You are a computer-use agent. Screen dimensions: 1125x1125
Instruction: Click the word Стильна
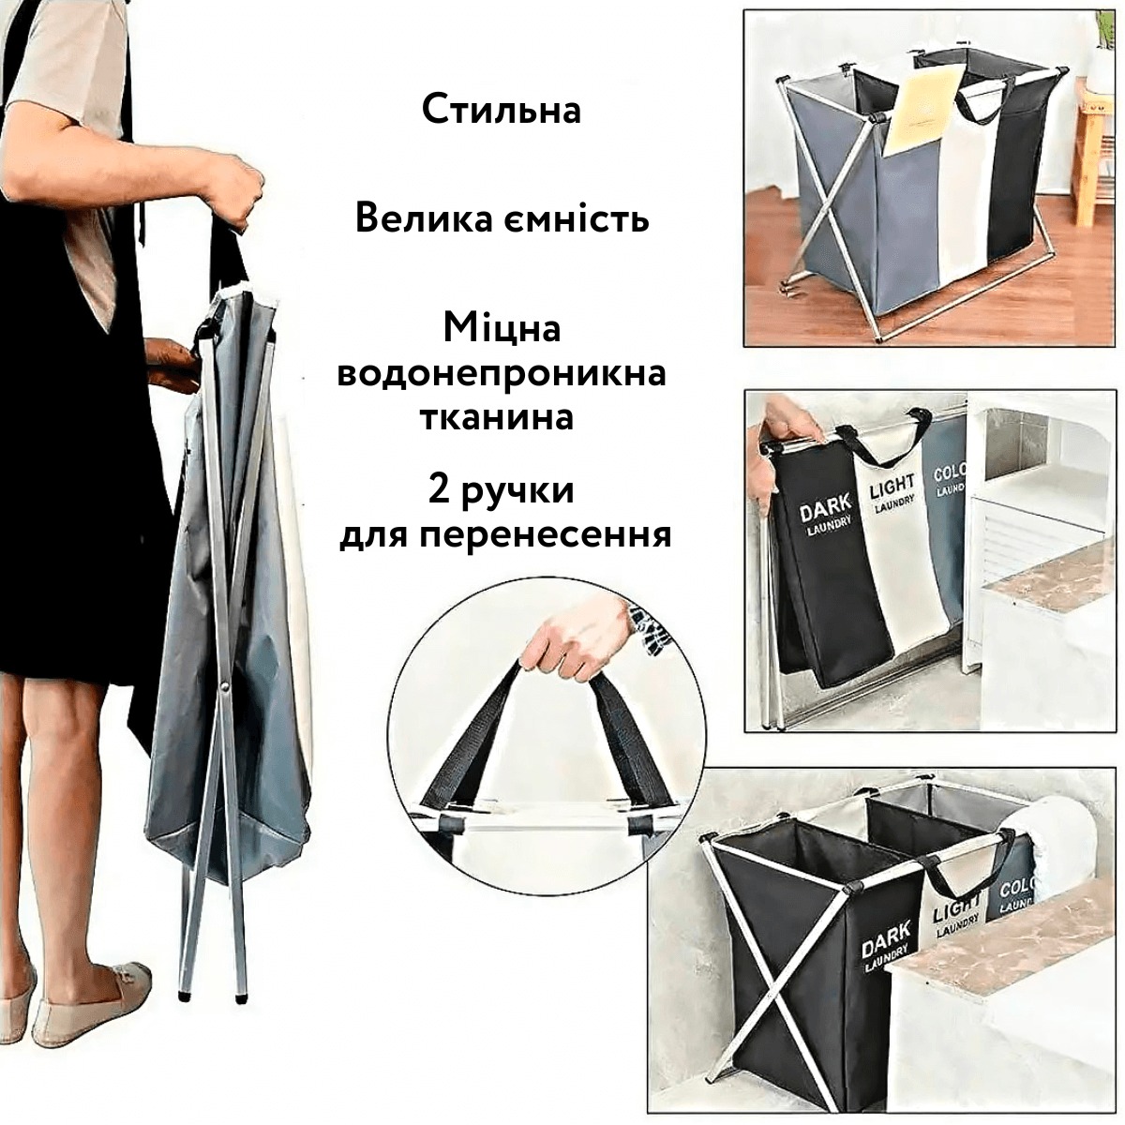(502, 109)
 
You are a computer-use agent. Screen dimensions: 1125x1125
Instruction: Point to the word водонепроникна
(502, 372)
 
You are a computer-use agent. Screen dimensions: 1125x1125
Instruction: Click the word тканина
(497, 417)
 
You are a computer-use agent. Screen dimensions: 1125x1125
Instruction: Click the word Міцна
(502, 328)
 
